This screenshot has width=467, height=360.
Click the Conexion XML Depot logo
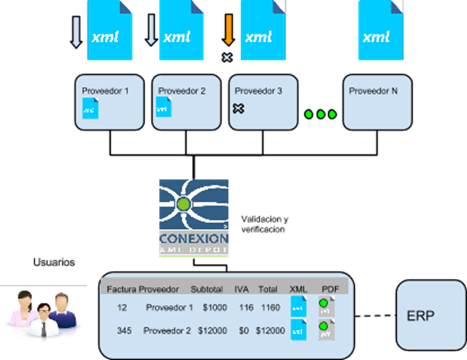[x=193, y=218]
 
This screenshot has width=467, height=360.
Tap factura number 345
[x=116, y=330]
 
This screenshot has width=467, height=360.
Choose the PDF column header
[x=329, y=288]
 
